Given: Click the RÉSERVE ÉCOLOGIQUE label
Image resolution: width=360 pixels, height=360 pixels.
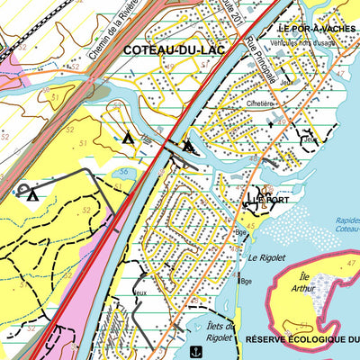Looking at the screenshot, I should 301,339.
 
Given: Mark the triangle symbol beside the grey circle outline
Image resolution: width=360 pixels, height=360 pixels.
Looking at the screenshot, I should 32,193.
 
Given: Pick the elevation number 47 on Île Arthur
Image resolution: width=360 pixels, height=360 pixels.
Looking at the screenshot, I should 337,264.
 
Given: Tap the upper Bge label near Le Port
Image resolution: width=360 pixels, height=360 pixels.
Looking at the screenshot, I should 240,231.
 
